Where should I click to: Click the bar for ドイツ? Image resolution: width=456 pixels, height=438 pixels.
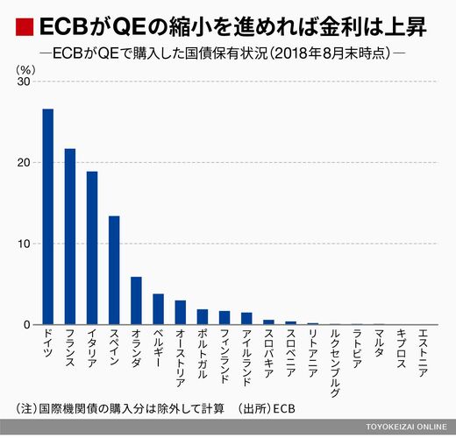pos(48,216)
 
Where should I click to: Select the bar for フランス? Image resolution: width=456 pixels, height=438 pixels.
pos(70,237)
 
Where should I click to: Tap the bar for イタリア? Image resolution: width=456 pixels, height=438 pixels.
pos(92,248)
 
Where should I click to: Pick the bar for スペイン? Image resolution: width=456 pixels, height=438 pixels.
pos(114,271)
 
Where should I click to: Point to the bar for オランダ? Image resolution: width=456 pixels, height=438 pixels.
pos(136,300)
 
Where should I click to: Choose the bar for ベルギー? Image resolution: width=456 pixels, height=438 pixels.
pos(159,309)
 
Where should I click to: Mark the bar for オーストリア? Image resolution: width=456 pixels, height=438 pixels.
pos(181,313)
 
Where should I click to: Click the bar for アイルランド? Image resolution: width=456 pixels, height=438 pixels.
pos(246,319)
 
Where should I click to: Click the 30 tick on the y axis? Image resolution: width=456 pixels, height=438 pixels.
pos(24,81)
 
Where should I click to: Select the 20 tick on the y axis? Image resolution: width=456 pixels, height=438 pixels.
pos(24,163)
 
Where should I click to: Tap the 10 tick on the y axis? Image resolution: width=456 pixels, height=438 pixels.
pos(24,244)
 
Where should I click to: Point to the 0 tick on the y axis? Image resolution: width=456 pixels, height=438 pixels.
pos(27,325)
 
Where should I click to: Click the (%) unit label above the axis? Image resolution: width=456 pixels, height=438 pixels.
pos(25,70)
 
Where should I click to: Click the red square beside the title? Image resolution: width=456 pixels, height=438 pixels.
pos(25,27)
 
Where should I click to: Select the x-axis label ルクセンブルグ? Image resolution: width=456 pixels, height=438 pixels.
pos(335,364)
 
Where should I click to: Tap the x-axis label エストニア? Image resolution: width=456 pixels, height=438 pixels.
pos(424,353)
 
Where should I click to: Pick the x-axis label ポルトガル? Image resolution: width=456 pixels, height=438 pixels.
pos(203,354)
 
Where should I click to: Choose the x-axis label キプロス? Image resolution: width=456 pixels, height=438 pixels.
pos(401,349)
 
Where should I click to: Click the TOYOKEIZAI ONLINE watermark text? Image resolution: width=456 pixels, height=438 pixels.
pos(406,427)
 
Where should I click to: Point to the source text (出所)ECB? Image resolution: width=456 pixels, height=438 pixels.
pos(266,408)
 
